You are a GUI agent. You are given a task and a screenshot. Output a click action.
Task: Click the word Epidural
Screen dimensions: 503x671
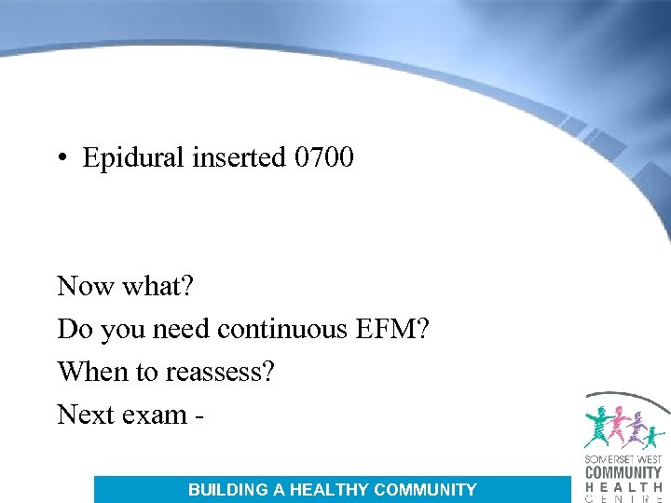[x=134, y=158]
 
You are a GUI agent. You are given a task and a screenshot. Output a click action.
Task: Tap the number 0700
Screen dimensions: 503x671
[x=323, y=157]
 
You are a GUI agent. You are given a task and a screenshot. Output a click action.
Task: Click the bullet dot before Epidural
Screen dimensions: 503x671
[x=61, y=157]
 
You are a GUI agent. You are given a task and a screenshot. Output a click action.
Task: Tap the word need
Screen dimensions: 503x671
[x=176, y=329]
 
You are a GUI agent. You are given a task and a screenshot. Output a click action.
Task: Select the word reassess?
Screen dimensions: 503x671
[x=220, y=372]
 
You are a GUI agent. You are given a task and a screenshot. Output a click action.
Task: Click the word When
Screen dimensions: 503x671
[x=93, y=372]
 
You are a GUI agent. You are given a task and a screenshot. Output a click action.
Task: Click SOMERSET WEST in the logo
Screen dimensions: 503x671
[x=623, y=460]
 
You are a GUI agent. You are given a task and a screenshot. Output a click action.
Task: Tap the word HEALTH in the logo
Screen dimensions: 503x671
[x=623, y=486]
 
